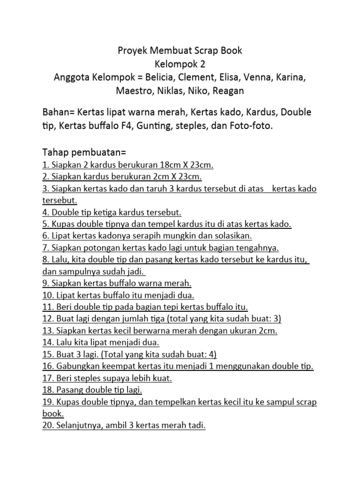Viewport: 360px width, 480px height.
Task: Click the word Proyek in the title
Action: pos(132,50)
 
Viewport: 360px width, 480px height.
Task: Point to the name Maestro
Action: pos(134,90)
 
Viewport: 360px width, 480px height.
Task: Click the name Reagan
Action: pos(228,90)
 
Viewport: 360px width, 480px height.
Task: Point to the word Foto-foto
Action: pos(252,126)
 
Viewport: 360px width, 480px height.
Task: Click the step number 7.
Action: pos(45,247)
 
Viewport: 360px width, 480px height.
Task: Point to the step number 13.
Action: pos(47,331)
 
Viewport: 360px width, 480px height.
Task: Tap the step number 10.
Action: pos(47,295)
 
